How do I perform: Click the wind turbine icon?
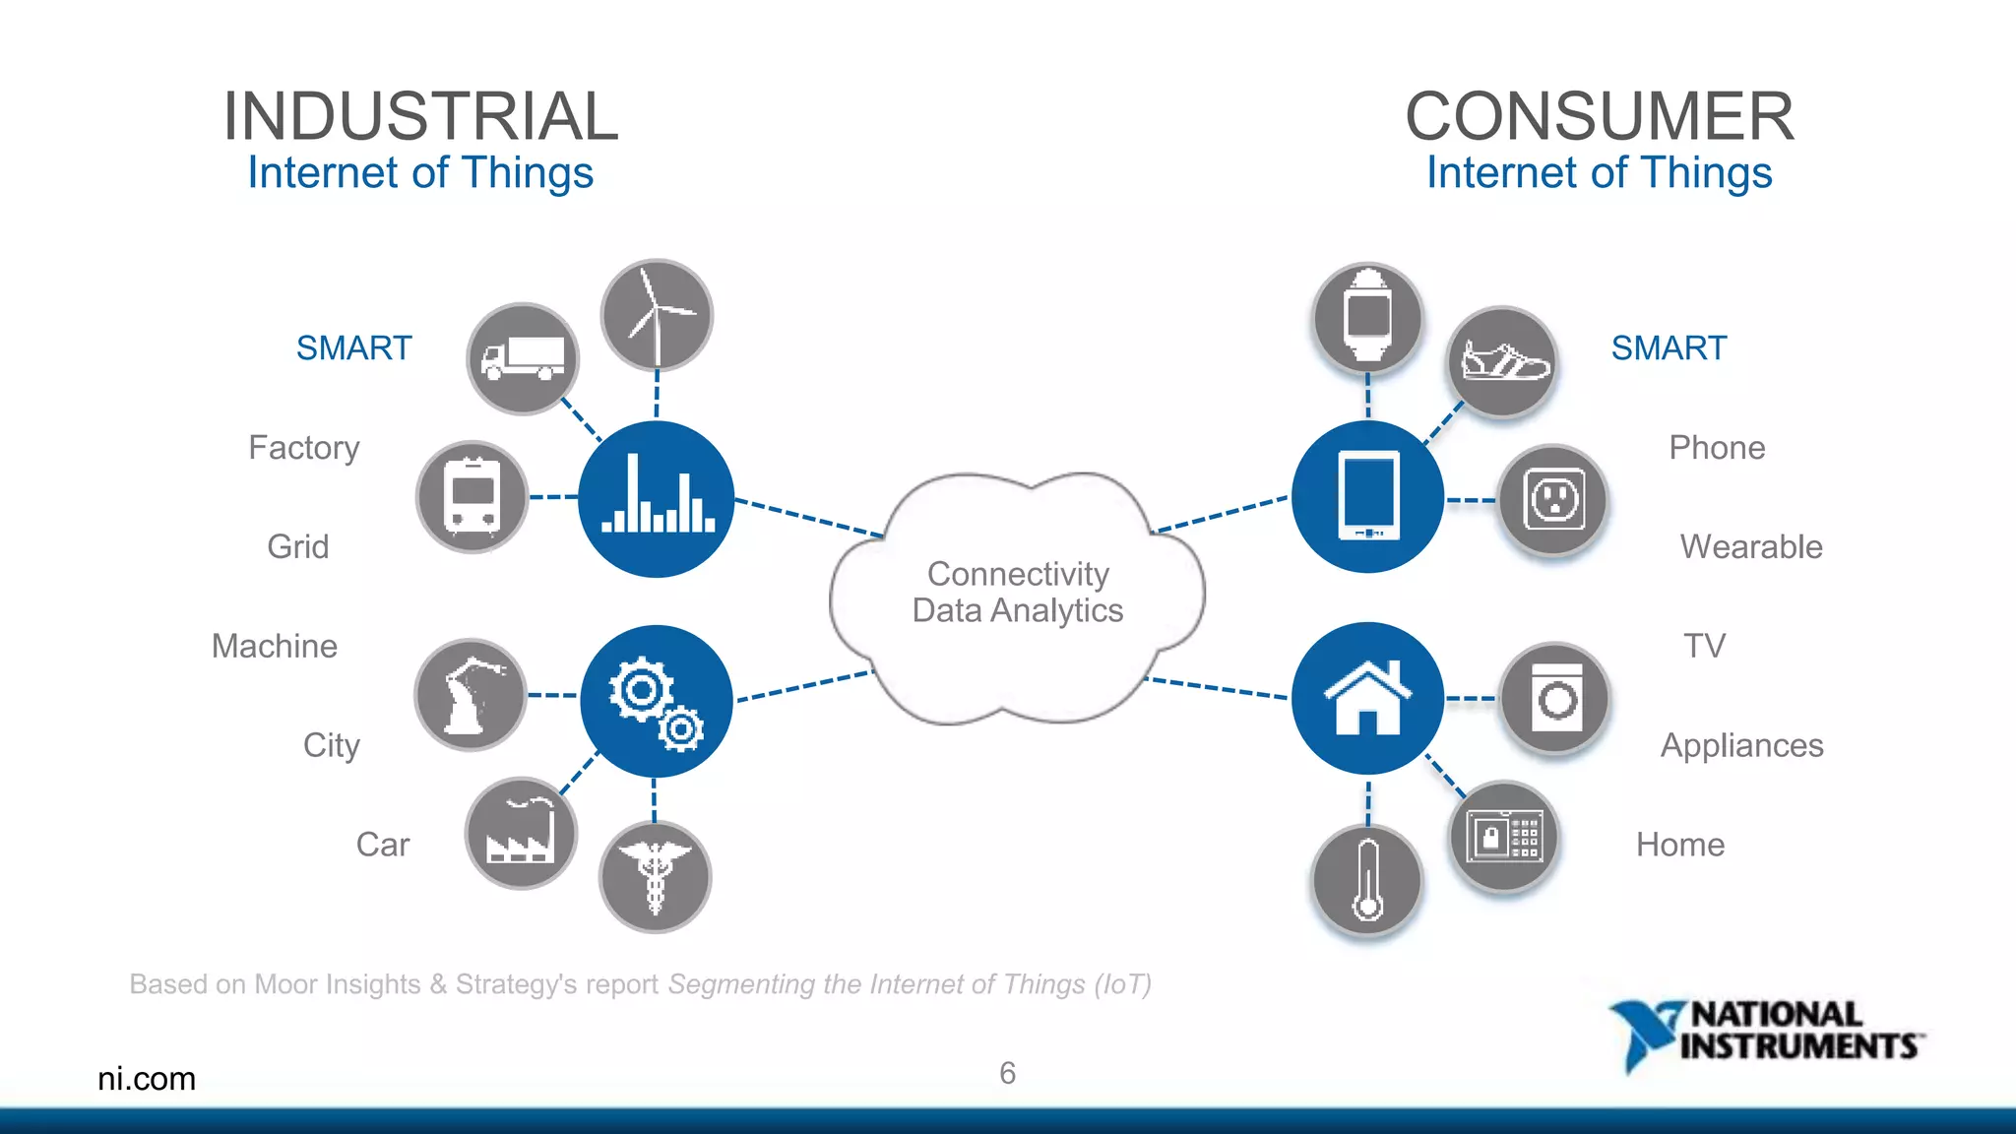(x=657, y=315)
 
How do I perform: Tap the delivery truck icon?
(x=523, y=359)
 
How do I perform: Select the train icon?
(x=472, y=496)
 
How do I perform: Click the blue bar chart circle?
(x=657, y=499)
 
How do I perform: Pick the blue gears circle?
(x=656, y=701)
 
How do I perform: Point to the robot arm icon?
(x=471, y=695)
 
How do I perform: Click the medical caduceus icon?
(x=655, y=877)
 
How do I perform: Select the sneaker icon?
(x=1503, y=361)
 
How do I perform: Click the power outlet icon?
(x=1553, y=500)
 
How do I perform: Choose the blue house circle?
(x=1367, y=698)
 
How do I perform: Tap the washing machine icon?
(x=1555, y=699)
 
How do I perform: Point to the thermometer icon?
(x=1367, y=880)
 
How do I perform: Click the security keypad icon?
(x=1504, y=837)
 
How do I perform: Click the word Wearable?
(x=1750, y=547)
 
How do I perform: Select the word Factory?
(x=304, y=448)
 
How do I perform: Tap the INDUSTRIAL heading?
(x=420, y=116)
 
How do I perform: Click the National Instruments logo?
(x=1767, y=1033)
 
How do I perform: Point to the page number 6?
(x=1007, y=1073)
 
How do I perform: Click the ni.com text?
(x=147, y=1079)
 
